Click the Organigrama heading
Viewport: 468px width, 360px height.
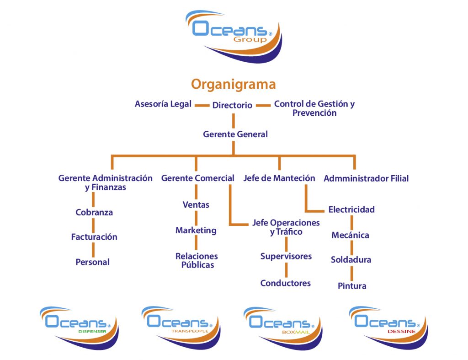click(233, 85)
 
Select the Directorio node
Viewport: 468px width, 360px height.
click(232, 105)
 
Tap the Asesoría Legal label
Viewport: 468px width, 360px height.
click(163, 104)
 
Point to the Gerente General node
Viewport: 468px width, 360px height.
click(235, 134)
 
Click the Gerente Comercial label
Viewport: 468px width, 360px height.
click(197, 178)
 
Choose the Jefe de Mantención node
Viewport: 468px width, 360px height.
click(279, 178)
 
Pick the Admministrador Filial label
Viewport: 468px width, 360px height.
click(366, 178)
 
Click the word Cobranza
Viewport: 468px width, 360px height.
click(94, 212)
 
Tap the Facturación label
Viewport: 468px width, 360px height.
click(94, 237)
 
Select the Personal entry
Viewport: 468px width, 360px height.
click(93, 262)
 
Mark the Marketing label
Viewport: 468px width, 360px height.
click(196, 230)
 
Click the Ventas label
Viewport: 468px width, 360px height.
click(196, 204)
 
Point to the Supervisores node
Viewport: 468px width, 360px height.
click(286, 256)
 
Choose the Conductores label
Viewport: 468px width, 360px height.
click(286, 283)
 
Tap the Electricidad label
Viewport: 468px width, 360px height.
click(351, 210)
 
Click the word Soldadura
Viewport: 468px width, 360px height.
click(351, 260)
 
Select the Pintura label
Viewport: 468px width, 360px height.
click(352, 286)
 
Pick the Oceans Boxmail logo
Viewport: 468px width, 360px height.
click(283, 327)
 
